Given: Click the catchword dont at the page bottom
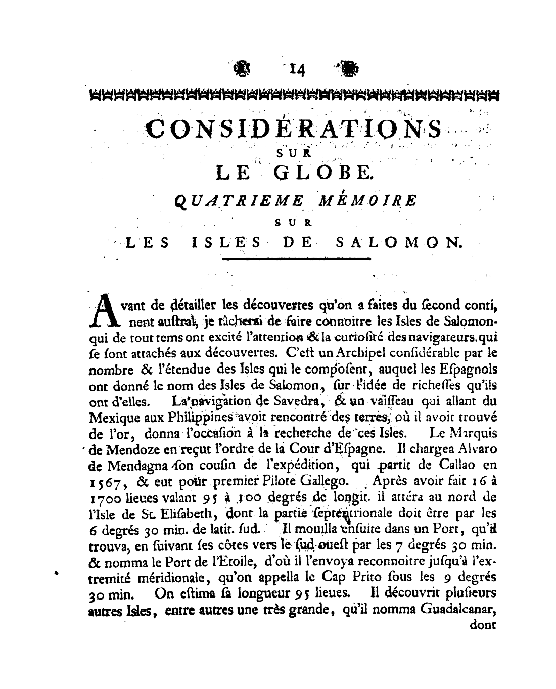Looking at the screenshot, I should coord(484,625).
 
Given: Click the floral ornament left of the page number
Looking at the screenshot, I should coord(243,69).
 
